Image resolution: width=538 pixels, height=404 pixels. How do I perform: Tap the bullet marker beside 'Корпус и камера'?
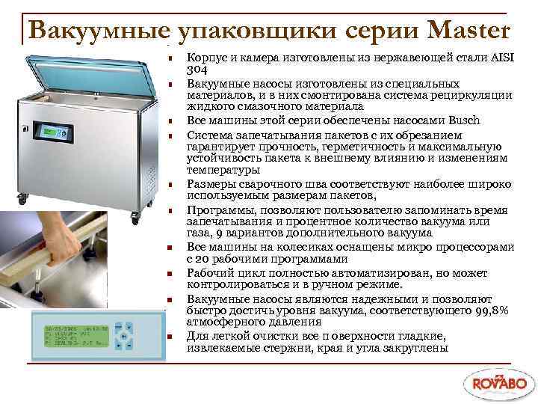(170, 58)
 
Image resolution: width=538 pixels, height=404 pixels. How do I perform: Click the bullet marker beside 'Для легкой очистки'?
(170, 337)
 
